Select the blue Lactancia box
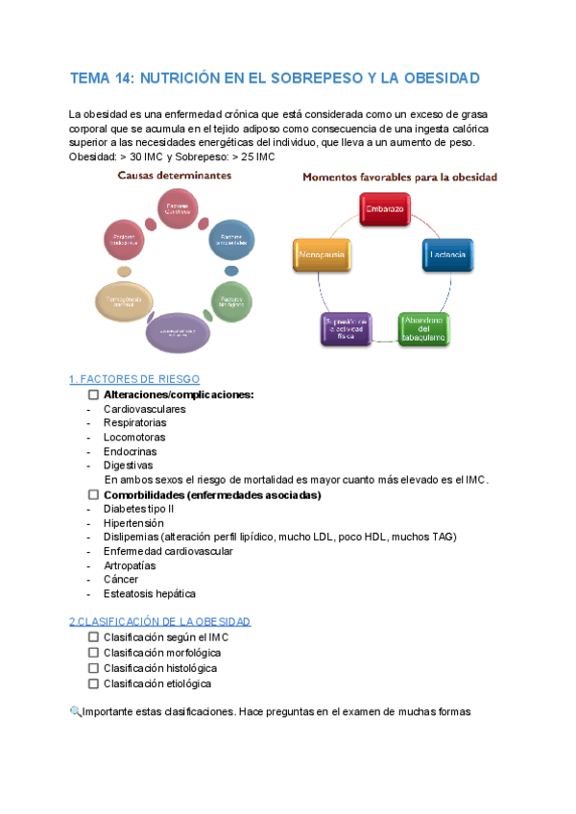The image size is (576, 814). point(448,254)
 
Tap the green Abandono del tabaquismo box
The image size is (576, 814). point(423,327)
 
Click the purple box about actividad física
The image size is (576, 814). point(345,327)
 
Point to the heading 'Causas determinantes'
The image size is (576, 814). point(174,176)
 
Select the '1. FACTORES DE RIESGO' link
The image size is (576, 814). point(134,379)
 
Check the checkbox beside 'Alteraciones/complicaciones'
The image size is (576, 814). point(93,395)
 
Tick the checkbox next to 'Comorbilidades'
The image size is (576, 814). point(93,494)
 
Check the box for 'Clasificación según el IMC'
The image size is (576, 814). point(93,637)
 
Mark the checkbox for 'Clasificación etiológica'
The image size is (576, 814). point(93,683)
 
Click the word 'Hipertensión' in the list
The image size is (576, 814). point(133,523)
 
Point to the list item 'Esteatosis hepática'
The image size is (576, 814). point(149,594)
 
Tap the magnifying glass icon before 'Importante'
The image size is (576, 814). point(76,711)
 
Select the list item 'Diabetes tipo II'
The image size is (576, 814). point(138,509)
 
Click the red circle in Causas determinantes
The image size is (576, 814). point(177,208)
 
